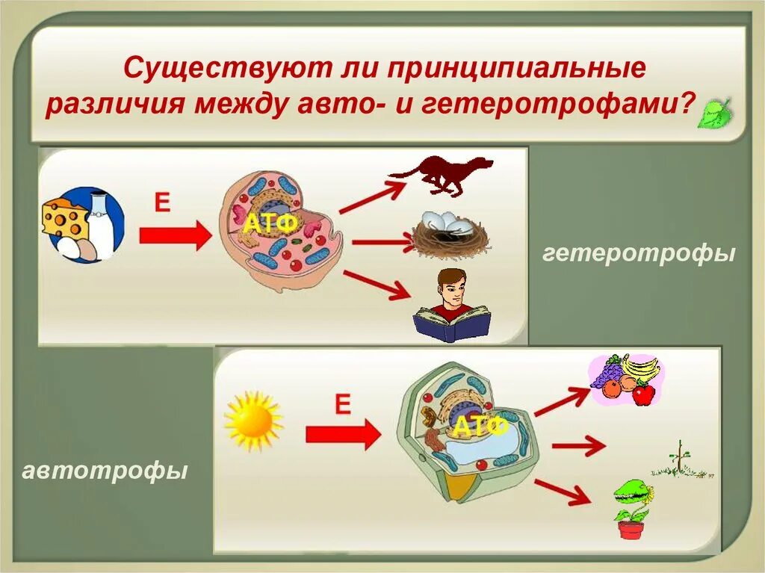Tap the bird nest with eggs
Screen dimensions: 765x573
point(450,235)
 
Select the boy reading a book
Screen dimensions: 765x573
point(452,306)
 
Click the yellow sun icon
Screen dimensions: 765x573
point(253,421)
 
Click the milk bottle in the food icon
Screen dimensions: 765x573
point(101,220)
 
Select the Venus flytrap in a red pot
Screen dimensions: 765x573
point(632,508)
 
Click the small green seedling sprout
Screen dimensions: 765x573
point(678,460)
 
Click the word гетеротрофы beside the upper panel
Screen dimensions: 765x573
point(639,254)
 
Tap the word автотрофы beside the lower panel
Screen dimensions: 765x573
point(105,471)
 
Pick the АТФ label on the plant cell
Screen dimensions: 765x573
point(480,427)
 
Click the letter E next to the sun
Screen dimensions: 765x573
point(341,405)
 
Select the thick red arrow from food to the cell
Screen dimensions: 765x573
point(176,237)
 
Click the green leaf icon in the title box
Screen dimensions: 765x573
point(715,113)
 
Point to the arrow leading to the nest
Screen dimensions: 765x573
point(381,242)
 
